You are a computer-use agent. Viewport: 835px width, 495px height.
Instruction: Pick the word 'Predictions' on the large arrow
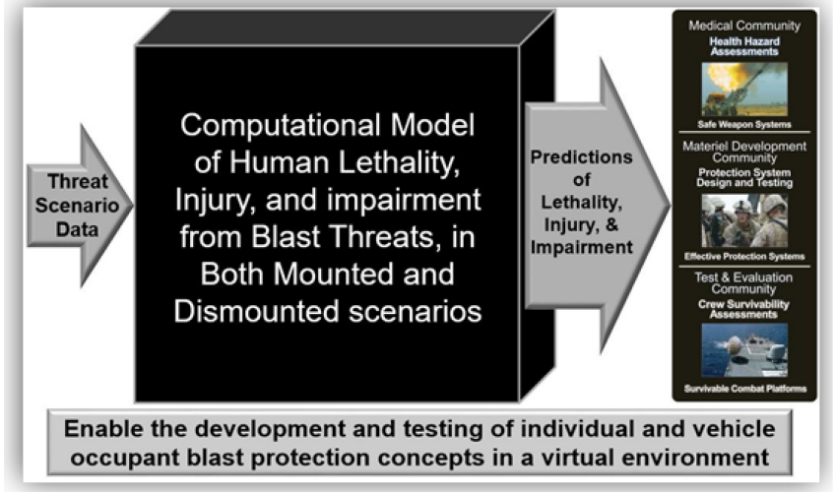point(582,157)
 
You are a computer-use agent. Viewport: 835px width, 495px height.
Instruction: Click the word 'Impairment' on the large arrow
point(582,248)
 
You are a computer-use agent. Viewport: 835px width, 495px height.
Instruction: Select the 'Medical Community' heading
point(744,25)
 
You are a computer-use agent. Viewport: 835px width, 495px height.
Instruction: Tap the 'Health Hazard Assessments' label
point(744,46)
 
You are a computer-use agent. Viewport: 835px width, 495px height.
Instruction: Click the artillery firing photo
point(744,89)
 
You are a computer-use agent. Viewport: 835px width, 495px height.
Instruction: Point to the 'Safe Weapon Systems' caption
point(744,125)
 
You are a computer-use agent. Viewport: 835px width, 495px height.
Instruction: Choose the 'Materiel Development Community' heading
point(744,152)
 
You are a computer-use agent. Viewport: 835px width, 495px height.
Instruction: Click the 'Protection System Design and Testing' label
point(744,178)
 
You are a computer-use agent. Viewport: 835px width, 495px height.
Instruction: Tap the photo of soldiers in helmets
point(744,220)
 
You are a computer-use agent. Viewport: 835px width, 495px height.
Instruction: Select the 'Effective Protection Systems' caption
point(744,257)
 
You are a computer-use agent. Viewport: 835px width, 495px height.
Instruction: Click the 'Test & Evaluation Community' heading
point(743,283)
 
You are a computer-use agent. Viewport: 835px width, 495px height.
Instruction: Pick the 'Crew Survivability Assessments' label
point(743,309)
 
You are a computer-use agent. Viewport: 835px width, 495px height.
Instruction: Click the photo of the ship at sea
point(744,350)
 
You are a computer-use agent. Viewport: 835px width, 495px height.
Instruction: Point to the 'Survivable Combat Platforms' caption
point(744,389)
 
